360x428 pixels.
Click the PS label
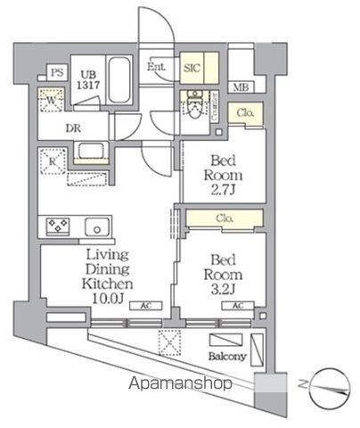point(55,72)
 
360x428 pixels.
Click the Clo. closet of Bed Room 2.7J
point(245,112)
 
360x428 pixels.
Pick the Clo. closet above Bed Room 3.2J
point(225,218)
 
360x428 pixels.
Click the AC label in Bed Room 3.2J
point(237,305)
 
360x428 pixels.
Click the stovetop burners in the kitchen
point(57,226)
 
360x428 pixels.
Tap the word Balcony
point(228,356)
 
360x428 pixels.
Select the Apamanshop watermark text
point(180,383)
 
